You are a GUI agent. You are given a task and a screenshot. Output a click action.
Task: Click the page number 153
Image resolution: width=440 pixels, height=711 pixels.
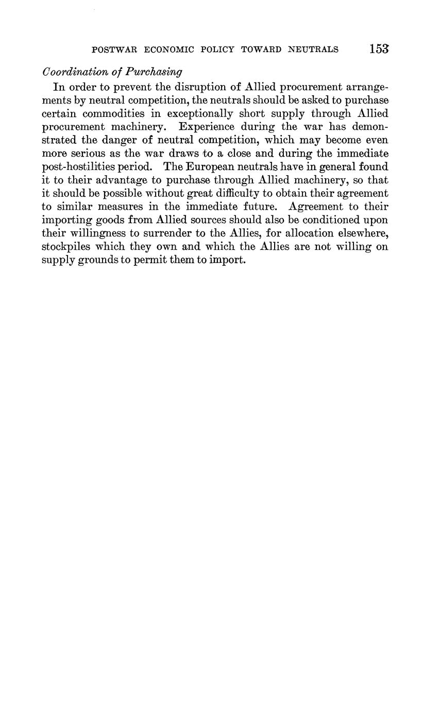pos(379,49)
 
